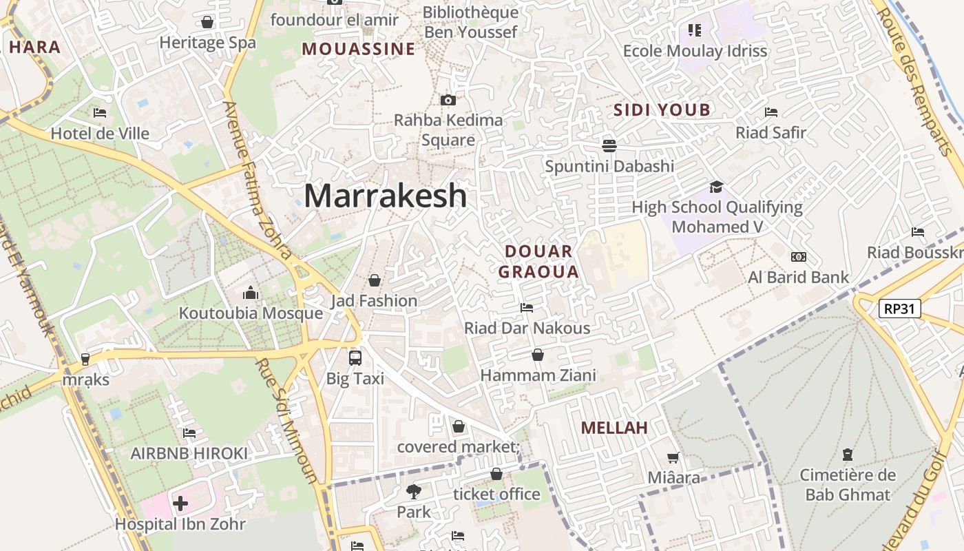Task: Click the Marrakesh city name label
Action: (x=385, y=196)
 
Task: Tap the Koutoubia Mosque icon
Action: (x=251, y=293)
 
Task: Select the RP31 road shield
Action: (x=900, y=308)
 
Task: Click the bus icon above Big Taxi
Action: (x=355, y=358)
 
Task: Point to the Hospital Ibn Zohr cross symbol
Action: (x=180, y=503)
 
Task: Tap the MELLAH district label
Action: (x=614, y=428)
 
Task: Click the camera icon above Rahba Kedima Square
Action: (x=448, y=101)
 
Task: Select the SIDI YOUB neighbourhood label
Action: (x=662, y=110)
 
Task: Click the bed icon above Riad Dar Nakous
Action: (x=527, y=307)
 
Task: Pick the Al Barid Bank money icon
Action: (x=799, y=257)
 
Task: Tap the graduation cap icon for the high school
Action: (x=717, y=187)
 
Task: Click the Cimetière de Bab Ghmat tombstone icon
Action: (x=848, y=455)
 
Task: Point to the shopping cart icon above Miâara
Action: (x=673, y=457)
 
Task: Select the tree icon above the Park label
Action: (x=413, y=492)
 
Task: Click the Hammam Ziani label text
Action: (x=538, y=375)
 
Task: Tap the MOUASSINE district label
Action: (x=358, y=49)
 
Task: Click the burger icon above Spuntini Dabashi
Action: (x=609, y=145)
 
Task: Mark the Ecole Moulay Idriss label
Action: (x=695, y=51)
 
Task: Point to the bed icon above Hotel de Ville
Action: (x=100, y=113)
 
